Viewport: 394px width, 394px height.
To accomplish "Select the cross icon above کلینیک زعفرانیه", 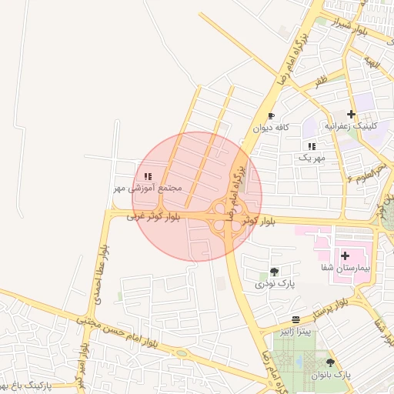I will click(351, 114).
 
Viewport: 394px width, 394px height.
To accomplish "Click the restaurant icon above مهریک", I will click(312, 146).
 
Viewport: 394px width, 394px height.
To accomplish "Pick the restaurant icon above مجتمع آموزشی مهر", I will click(148, 176).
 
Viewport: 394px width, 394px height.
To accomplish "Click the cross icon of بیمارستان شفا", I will click(345, 255).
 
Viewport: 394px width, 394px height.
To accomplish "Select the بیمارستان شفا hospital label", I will click(346, 268).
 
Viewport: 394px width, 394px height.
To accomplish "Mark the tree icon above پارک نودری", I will click(274, 272).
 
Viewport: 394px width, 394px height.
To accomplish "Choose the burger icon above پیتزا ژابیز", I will click(296, 319).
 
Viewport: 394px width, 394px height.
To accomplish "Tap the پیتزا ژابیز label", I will click(296, 332).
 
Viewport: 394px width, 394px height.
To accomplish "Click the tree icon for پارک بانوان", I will click(331, 362).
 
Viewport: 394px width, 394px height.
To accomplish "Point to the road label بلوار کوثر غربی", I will click(155, 218).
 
